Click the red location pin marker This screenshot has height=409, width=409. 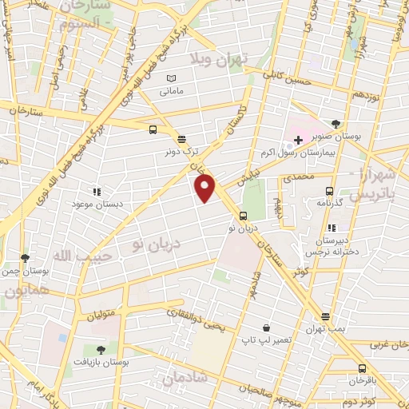coord(205,189)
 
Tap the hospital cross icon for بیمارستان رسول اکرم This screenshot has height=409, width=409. coord(298,140)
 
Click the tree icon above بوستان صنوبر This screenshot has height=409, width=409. coord(336,123)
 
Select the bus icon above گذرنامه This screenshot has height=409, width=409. coord(329,191)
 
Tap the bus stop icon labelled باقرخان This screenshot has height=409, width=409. coord(363,369)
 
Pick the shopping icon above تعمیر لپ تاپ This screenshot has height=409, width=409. coord(267,328)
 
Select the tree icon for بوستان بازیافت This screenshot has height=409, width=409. coord(100,349)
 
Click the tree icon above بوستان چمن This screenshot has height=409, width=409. coord(25,258)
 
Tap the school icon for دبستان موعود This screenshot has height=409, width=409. coord(97,192)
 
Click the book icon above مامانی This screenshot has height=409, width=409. coord(169,78)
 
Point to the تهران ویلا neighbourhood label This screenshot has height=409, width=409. coord(220,58)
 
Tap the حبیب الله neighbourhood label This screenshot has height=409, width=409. coord(76,256)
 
